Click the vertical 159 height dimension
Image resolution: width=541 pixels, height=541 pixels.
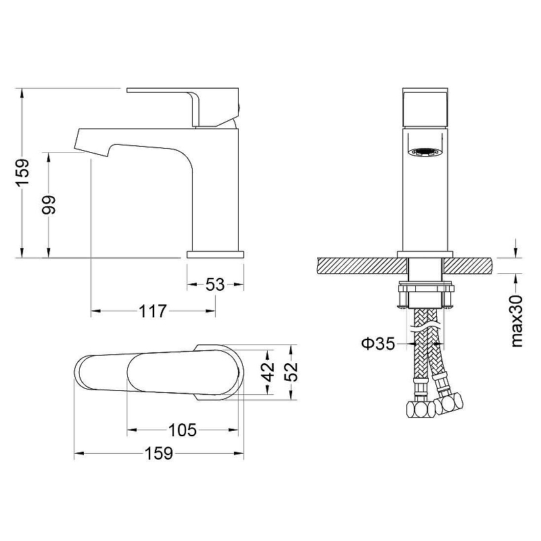[x=24, y=172]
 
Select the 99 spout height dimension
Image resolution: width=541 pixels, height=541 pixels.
[x=49, y=205]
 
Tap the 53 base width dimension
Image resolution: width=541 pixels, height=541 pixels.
[x=215, y=285]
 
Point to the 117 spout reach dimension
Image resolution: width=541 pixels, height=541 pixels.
[x=153, y=311]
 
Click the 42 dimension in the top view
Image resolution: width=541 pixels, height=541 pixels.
[x=268, y=372]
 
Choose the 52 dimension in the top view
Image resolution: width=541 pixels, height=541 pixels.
[x=292, y=372]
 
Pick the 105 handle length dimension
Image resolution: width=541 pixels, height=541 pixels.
[x=183, y=430]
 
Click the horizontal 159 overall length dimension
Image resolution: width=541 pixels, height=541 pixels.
[x=158, y=453]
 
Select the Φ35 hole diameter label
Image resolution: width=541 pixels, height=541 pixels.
[x=378, y=344]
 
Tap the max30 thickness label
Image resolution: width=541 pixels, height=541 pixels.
[x=516, y=321]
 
